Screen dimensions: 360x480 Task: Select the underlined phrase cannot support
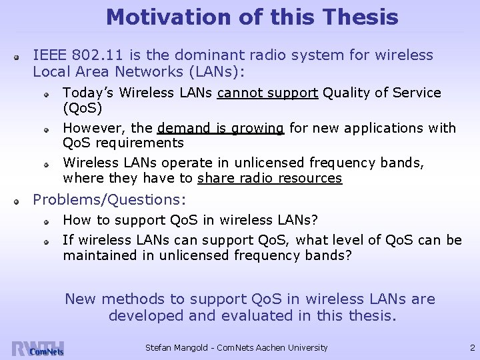[x=267, y=93]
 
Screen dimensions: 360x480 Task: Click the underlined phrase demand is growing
[x=221, y=127]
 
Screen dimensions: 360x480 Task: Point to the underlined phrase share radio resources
[x=270, y=178]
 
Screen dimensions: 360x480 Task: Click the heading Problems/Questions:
[x=110, y=199]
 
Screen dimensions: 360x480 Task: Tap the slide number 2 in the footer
[x=471, y=347]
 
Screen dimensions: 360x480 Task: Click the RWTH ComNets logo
[x=37, y=347]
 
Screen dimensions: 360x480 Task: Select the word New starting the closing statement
[x=80, y=299]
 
